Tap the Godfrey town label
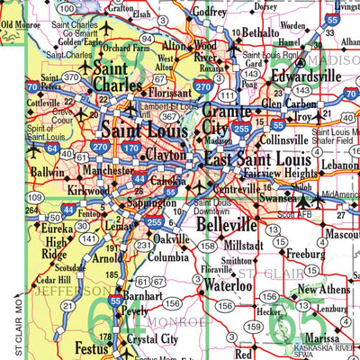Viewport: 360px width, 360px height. pos(210,12)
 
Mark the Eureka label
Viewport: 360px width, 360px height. pos(34,229)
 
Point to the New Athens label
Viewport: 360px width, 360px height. pos(323,289)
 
